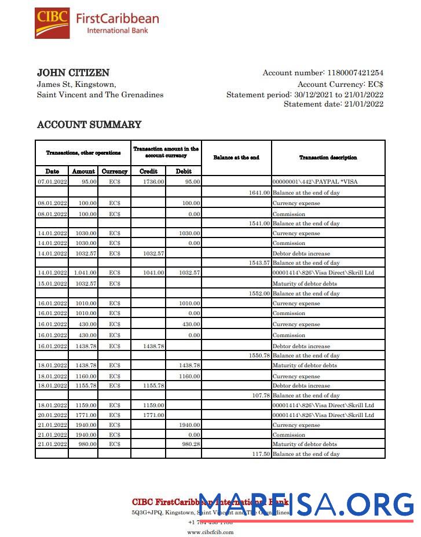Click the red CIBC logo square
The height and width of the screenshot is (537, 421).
coord(52,23)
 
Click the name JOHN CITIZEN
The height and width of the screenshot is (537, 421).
coord(73,73)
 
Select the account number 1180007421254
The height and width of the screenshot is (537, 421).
coord(355,73)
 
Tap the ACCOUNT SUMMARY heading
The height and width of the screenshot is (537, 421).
coord(89,125)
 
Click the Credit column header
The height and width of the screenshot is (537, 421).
coord(148,171)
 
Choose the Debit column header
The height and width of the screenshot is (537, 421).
coord(184,171)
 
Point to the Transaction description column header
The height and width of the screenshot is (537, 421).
coord(328,158)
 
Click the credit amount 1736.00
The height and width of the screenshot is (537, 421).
coord(153,182)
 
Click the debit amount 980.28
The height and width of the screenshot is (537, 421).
coord(191,444)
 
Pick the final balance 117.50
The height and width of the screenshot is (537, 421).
coord(261,454)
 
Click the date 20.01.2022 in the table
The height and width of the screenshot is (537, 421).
coord(52,415)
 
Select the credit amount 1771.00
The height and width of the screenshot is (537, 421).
coord(153,415)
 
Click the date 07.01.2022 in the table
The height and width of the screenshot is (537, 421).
coord(52,182)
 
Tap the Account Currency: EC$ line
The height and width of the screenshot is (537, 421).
coord(340,84)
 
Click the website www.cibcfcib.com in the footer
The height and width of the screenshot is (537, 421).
coord(210,532)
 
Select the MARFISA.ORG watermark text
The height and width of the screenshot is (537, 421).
coord(307,505)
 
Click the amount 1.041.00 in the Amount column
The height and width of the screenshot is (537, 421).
coord(85,273)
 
